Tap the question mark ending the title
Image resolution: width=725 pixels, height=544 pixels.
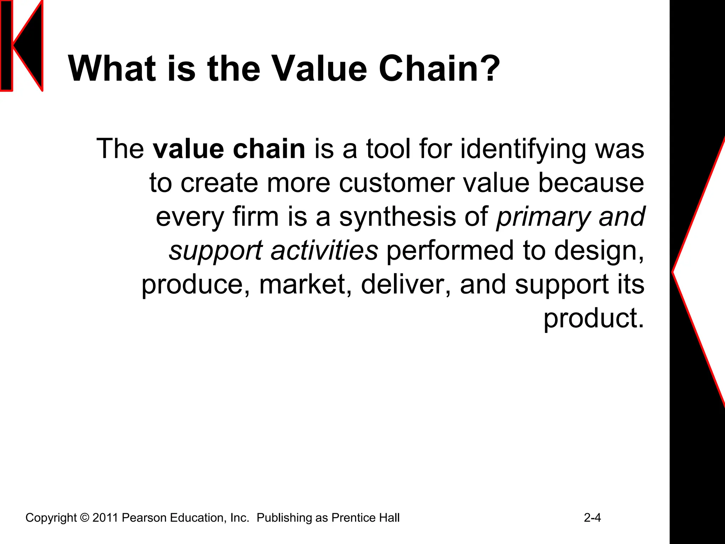tap(488, 69)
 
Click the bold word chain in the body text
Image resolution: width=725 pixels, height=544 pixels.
tap(269, 149)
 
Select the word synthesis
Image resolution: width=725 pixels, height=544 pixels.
tap(398, 217)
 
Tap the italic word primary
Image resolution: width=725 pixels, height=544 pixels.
tap(543, 217)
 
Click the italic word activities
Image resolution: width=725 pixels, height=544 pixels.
tap(324, 250)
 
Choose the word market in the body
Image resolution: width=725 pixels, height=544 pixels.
tap(306, 284)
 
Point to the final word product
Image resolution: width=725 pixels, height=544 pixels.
tap(593, 318)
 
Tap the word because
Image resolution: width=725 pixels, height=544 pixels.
tap(591, 183)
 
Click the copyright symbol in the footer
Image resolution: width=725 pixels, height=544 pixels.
tap(85, 518)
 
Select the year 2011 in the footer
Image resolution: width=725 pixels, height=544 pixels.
tap(105, 518)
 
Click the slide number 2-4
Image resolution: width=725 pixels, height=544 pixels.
tap(592, 518)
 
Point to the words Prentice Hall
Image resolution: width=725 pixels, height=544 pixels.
tap(365, 518)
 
